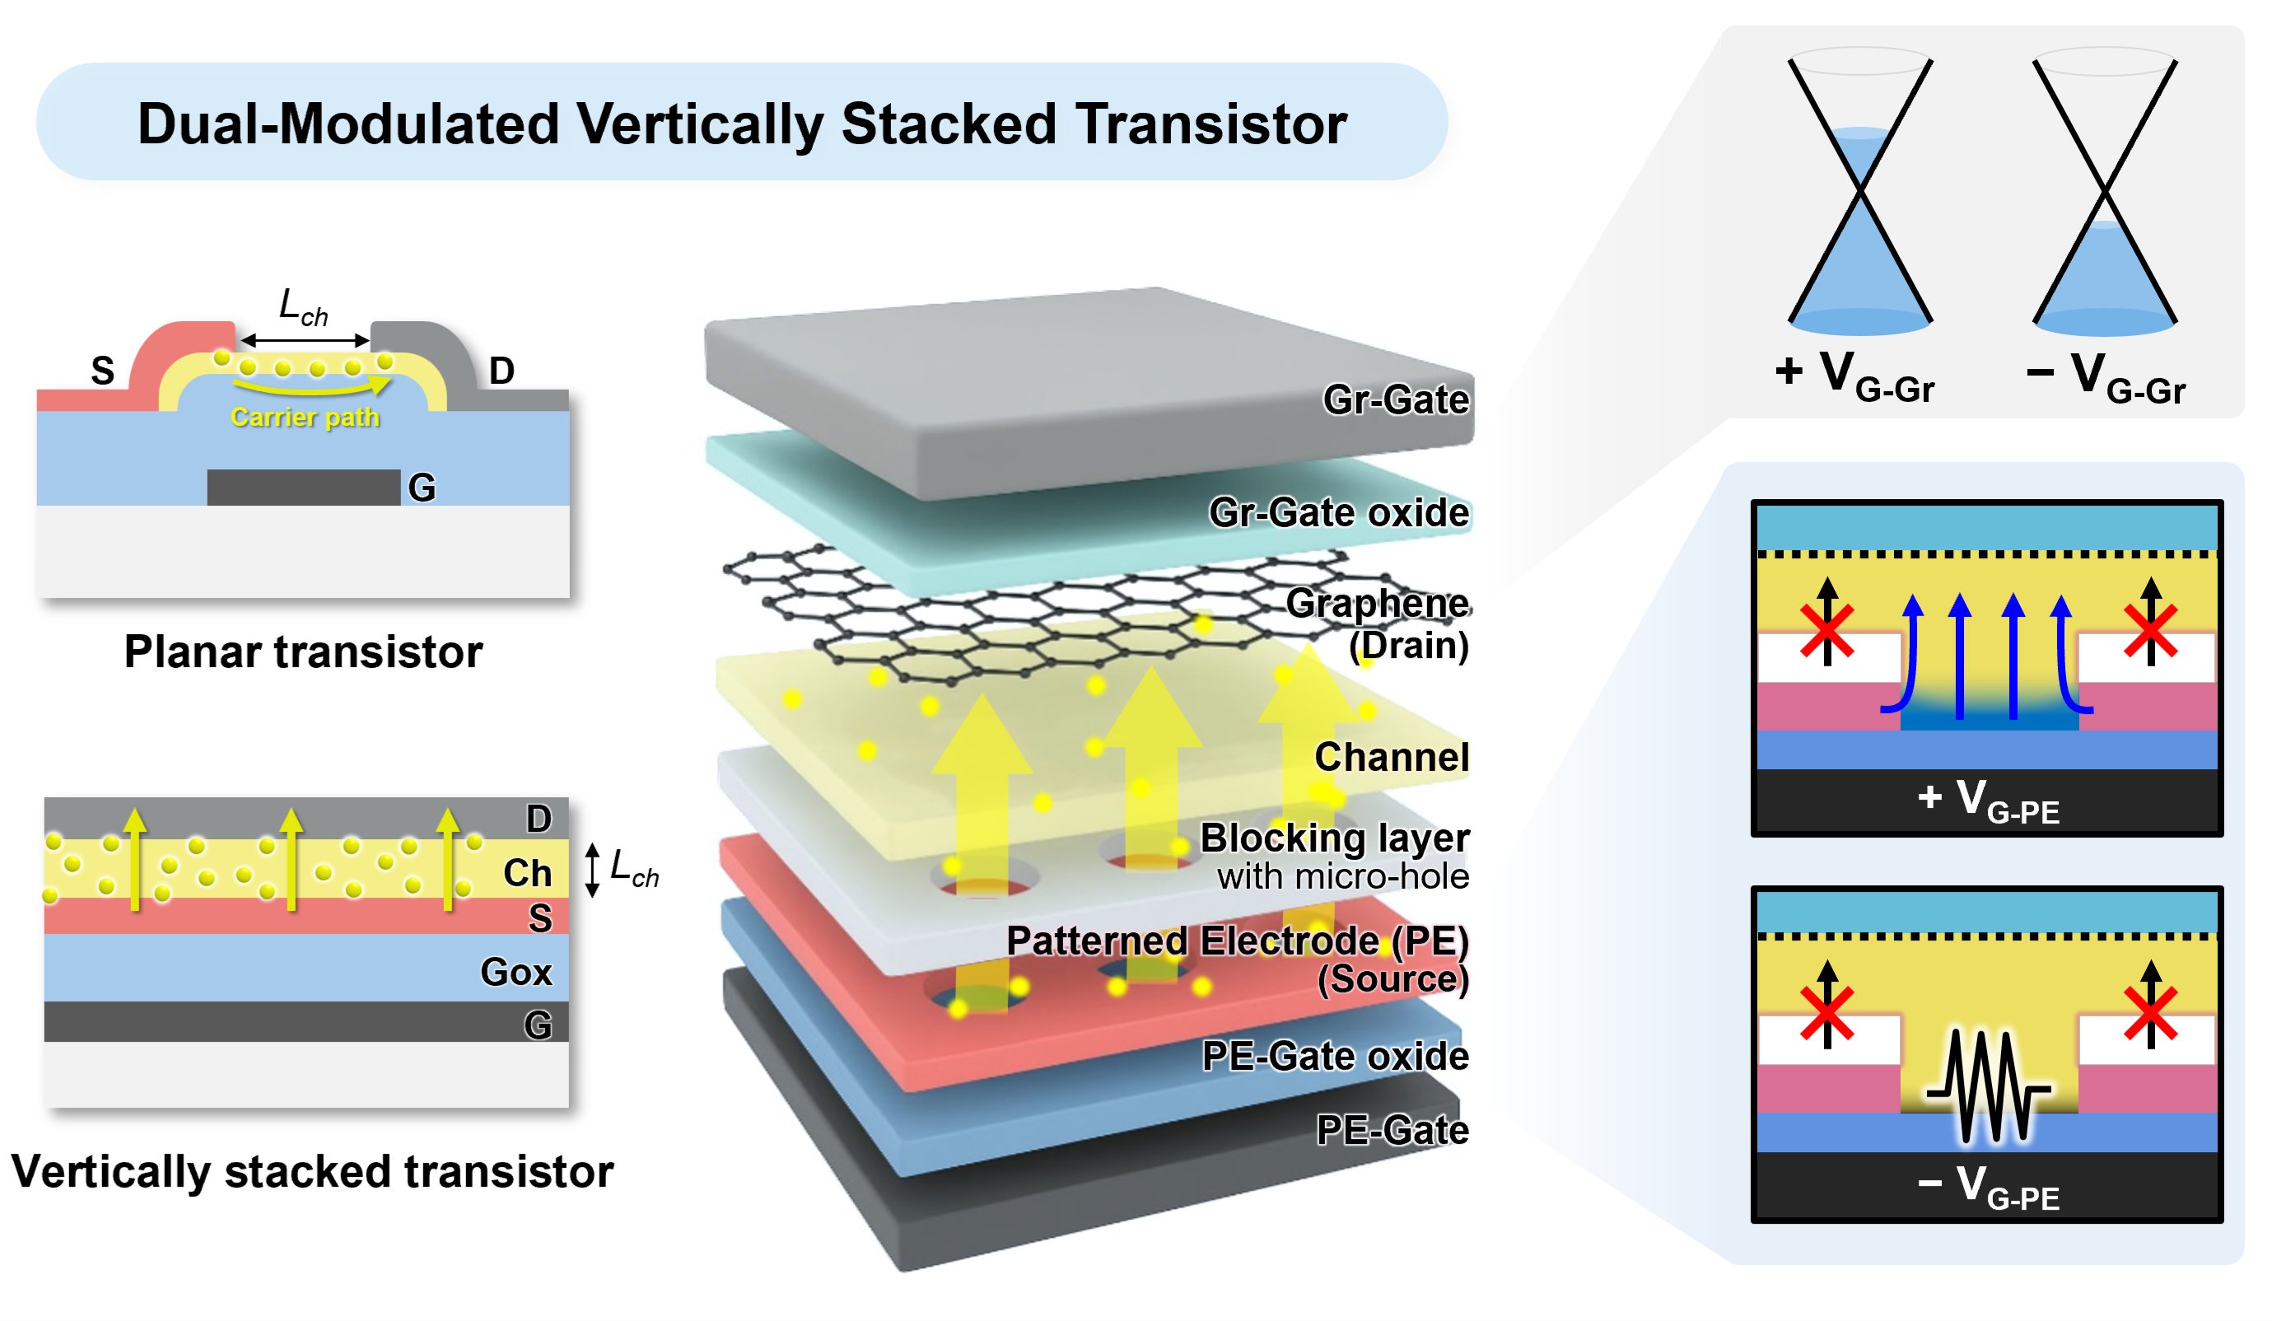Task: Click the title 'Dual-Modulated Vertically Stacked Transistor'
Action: point(741,124)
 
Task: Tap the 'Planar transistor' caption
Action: point(303,652)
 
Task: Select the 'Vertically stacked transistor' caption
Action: point(312,1171)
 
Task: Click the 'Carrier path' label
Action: point(305,418)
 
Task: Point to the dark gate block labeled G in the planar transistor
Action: point(303,487)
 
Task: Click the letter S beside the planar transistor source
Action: point(103,371)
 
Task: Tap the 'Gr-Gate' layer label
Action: point(1395,399)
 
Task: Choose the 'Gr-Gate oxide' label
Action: point(1338,512)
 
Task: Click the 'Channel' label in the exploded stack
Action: point(1391,757)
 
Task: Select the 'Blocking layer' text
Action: point(1333,838)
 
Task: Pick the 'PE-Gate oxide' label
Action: point(1334,1056)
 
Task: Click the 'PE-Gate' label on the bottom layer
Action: point(1391,1130)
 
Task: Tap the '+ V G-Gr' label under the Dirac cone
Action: point(1854,375)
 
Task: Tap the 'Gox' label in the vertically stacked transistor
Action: point(516,972)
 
